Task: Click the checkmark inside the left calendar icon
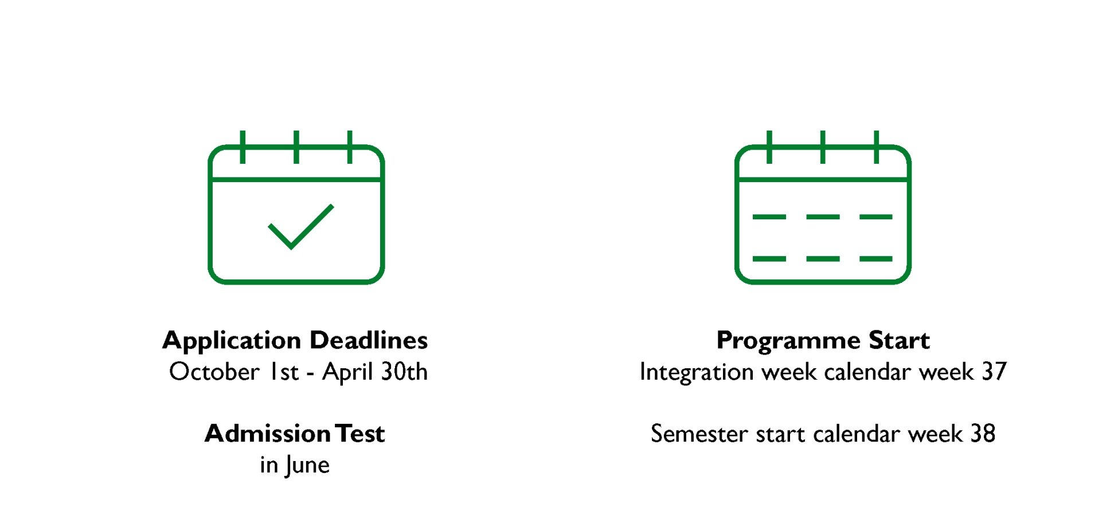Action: pos(300,227)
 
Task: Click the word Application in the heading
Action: pos(231,341)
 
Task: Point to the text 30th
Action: pos(404,372)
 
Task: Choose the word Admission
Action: pos(267,434)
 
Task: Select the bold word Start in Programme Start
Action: pos(898,340)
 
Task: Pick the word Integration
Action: pos(697,372)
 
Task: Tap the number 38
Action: pos(983,434)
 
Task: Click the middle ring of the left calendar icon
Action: pos(296,147)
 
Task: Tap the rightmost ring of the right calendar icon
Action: pos(876,147)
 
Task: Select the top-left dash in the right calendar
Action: pos(769,217)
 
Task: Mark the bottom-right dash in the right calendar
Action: pos(875,259)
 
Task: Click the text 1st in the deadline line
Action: pos(284,372)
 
